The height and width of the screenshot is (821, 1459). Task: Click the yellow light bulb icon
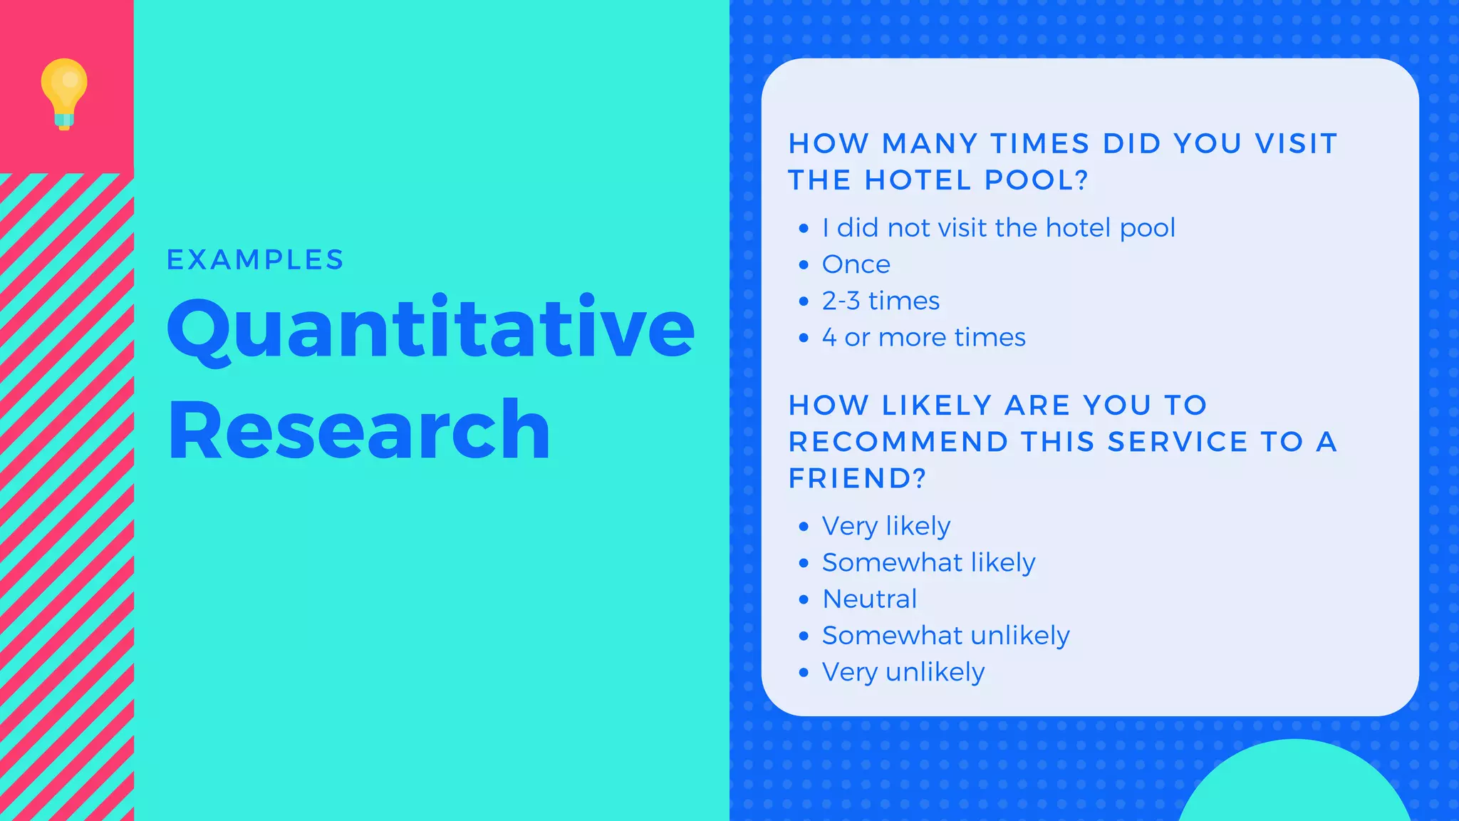(64, 93)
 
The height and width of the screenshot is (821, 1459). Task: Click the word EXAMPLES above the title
(255, 260)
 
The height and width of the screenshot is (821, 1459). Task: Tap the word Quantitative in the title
(430, 329)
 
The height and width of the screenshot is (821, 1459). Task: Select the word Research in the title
(359, 430)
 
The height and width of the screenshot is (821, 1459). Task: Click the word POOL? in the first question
(1037, 180)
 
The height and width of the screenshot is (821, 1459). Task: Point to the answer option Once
(856, 264)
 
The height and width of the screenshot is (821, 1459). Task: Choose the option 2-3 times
(881, 301)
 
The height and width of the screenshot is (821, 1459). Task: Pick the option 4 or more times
(923, 337)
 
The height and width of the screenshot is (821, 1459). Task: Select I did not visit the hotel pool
(998, 228)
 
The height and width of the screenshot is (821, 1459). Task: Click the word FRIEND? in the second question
(857, 478)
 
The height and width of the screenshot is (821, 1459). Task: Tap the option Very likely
(886, 526)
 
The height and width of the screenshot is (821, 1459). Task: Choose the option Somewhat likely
(928, 562)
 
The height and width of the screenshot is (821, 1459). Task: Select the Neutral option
(869, 599)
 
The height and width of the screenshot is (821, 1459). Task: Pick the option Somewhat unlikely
(945, 635)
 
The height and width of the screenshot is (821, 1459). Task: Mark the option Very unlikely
(903, 672)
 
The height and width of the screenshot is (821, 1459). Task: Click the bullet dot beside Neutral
(804, 599)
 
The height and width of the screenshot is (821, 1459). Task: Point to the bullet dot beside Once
(804, 265)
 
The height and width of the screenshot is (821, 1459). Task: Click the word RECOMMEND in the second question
(898, 442)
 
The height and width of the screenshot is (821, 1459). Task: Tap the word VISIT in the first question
(1296, 144)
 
